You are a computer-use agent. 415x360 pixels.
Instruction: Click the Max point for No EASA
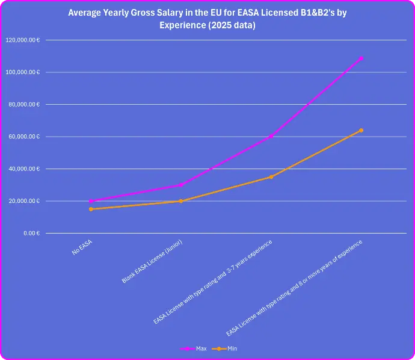(x=91, y=201)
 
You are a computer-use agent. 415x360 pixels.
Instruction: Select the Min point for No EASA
(x=91, y=209)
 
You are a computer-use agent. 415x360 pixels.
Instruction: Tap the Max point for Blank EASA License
(x=181, y=185)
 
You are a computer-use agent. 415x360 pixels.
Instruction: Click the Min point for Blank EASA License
(x=181, y=201)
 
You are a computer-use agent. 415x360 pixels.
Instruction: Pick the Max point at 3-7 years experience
(x=271, y=137)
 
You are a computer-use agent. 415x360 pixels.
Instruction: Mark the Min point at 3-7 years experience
(x=271, y=177)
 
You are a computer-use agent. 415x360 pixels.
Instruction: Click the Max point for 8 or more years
(x=361, y=58)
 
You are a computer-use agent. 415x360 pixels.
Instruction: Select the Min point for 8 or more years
(x=361, y=130)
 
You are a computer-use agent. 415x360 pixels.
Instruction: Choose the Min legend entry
(x=227, y=349)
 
